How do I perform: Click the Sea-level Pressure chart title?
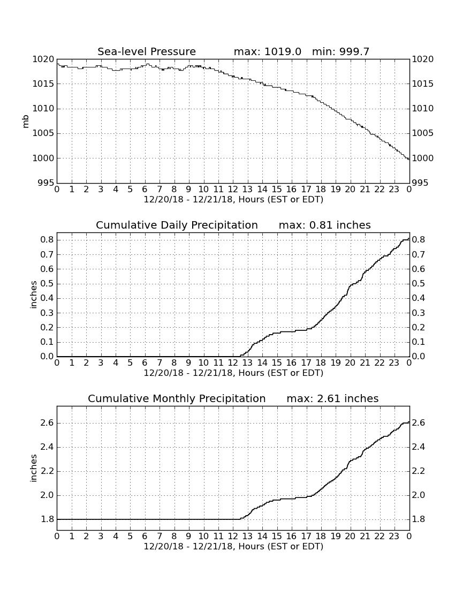147,51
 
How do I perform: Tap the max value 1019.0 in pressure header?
283,51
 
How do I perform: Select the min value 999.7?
354,51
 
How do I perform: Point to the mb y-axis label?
26,122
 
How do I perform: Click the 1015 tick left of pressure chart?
43,84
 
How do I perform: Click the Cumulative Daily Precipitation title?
177,225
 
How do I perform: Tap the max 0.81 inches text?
325,225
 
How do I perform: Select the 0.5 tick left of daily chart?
47,284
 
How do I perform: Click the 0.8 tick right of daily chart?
419,240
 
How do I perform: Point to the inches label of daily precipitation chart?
34,294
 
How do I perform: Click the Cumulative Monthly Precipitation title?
177,398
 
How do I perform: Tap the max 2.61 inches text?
332,398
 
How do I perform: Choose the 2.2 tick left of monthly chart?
47,471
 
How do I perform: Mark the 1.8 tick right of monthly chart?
419,519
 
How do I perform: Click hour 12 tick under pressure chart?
233,190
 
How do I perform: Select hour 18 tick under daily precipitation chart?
321,363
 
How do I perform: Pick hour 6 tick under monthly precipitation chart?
145,537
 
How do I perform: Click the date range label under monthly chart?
233,546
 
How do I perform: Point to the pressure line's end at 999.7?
409,160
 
